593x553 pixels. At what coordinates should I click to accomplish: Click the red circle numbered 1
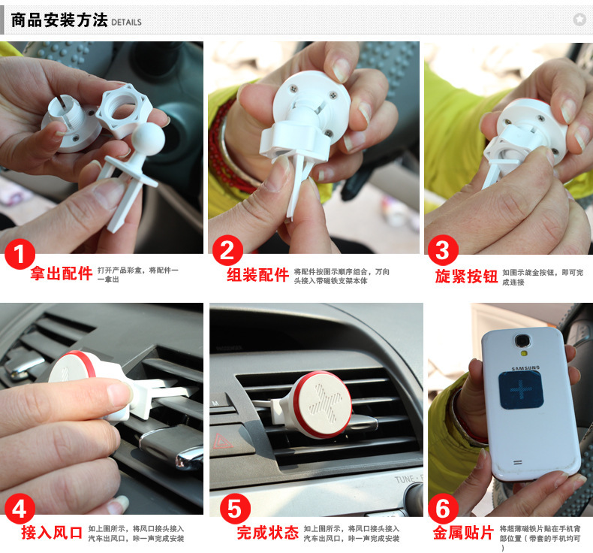(x=20, y=254)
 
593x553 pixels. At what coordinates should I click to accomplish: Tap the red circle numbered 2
(x=227, y=250)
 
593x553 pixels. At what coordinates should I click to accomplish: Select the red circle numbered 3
(x=443, y=250)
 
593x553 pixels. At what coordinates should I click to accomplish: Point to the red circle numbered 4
(x=20, y=509)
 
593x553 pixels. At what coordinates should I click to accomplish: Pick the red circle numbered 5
(x=235, y=509)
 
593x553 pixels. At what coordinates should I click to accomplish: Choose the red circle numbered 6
(x=443, y=509)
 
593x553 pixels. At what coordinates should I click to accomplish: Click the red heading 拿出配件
(x=62, y=273)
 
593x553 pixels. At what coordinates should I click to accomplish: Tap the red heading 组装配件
(x=258, y=275)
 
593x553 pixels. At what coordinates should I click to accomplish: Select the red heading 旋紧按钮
(x=466, y=276)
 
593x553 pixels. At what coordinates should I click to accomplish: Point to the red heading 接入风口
(x=52, y=533)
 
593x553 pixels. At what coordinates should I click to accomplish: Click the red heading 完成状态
(x=268, y=533)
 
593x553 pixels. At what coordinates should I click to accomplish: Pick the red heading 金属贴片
(x=464, y=533)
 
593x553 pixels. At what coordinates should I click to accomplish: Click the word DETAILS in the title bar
(x=126, y=23)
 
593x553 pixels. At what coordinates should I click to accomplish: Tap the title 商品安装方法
(x=59, y=20)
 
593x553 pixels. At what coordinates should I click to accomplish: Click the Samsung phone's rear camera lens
(x=522, y=340)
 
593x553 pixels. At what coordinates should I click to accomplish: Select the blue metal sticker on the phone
(x=521, y=390)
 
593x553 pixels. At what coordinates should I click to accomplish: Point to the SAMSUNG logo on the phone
(x=525, y=368)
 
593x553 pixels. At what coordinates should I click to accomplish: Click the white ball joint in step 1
(x=148, y=139)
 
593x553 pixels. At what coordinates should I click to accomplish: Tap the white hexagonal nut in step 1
(x=124, y=110)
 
